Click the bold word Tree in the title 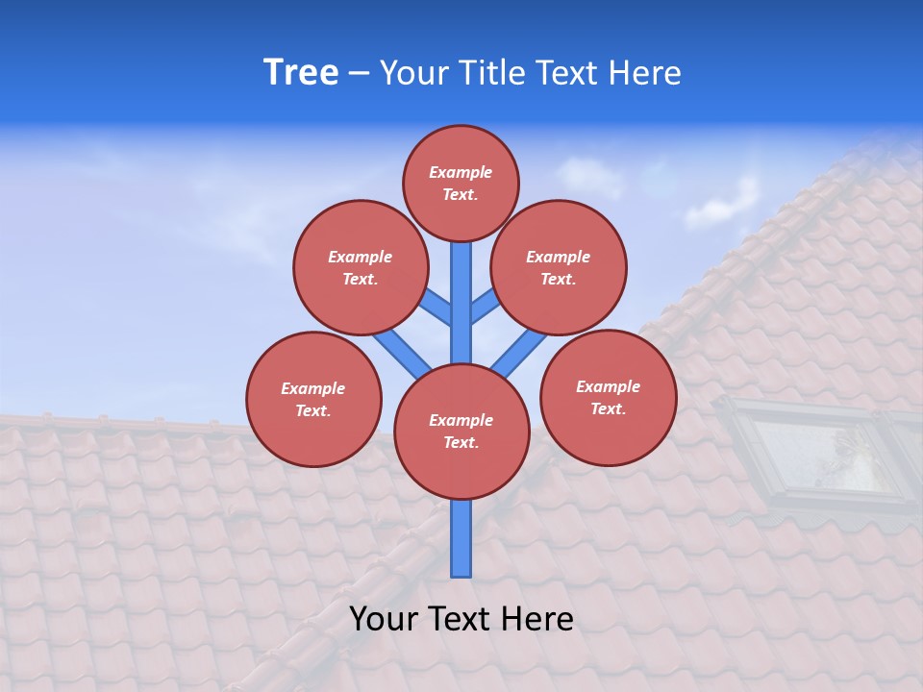301,73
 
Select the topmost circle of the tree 461,183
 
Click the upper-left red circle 360,268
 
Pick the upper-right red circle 559,268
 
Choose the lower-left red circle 313,400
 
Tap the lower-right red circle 608,398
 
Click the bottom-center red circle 461,432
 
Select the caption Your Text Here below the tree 461,619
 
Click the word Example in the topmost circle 461,173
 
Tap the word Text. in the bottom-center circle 461,443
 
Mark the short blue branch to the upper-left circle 435,308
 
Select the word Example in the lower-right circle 608,386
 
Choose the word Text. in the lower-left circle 313,411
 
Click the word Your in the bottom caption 383,619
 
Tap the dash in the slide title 358,73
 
